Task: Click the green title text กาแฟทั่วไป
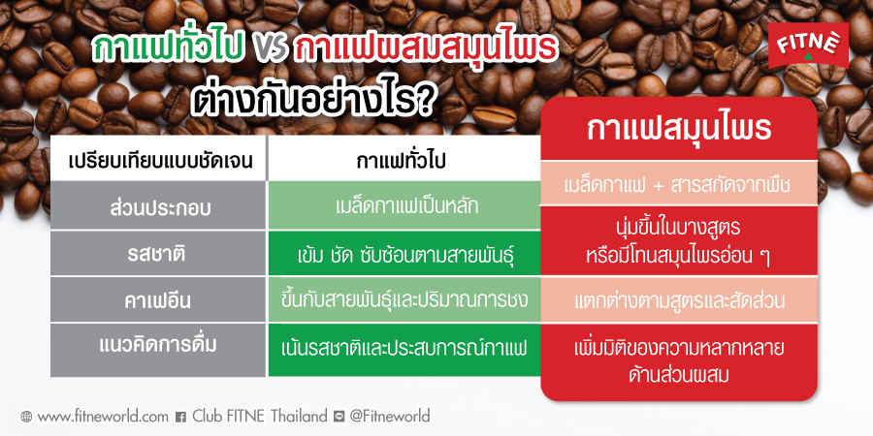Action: pyautogui.click(x=171, y=51)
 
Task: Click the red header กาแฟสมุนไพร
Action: pyautogui.click(x=679, y=129)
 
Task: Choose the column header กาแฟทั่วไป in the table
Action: pyautogui.click(x=404, y=159)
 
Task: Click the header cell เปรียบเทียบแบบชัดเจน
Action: pyautogui.click(x=159, y=160)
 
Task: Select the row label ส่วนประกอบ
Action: pyautogui.click(x=159, y=205)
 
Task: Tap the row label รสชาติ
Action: pyautogui.click(x=159, y=255)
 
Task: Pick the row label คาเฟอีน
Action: pyautogui.click(x=159, y=300)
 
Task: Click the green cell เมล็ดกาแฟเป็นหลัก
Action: pyautogui.click(x=404, y=205)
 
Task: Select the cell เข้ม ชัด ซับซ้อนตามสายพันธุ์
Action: pyautogui.click(x=404, y=255)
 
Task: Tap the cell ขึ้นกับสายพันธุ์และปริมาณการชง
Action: pyautogui.click(x=404, y=300)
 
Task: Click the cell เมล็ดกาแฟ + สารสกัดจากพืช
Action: pyautogui.click(x=679, y=184)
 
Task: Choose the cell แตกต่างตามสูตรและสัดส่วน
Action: pyautogui.click(x=679, y=300)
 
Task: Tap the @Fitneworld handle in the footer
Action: pyautogui.click(x=389, y=417)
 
